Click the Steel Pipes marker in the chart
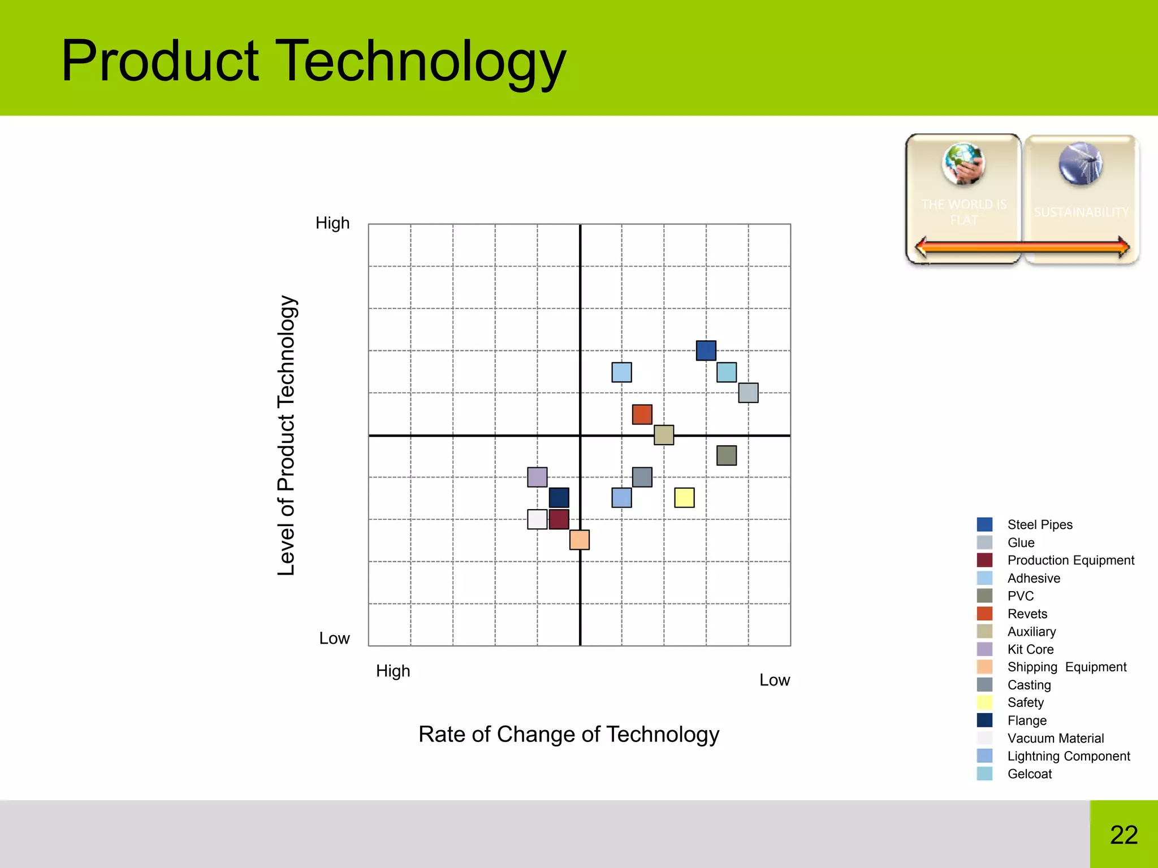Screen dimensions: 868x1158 click(706, 350)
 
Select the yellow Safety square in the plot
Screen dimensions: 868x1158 click(684, 497)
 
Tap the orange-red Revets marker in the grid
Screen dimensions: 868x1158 click(642, 414)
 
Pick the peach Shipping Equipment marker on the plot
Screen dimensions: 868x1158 click(579, 540)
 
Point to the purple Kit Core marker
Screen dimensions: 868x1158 click(537, 477)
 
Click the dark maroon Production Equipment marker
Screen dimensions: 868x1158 click(559, 519)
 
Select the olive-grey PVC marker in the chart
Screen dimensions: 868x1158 click(726, 455)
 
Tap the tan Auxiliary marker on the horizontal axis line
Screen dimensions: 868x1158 click(663, 435)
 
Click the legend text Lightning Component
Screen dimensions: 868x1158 click(1068, 756)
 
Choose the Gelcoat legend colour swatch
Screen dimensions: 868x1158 click(984, 774)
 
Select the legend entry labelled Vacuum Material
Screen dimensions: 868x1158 click(1055, 738)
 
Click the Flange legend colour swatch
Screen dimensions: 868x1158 click(984, 720)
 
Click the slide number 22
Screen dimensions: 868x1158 click(1124, 835)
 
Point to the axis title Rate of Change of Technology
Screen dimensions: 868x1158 click(568, 734)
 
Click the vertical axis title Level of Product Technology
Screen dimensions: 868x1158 click(287, 435)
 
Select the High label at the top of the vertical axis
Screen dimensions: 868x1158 click(332, 223)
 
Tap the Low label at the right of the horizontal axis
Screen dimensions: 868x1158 click(774, 680)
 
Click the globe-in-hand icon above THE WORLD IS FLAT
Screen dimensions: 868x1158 click(963, 163)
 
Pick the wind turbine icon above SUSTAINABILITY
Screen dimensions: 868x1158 click(1081, 163)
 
